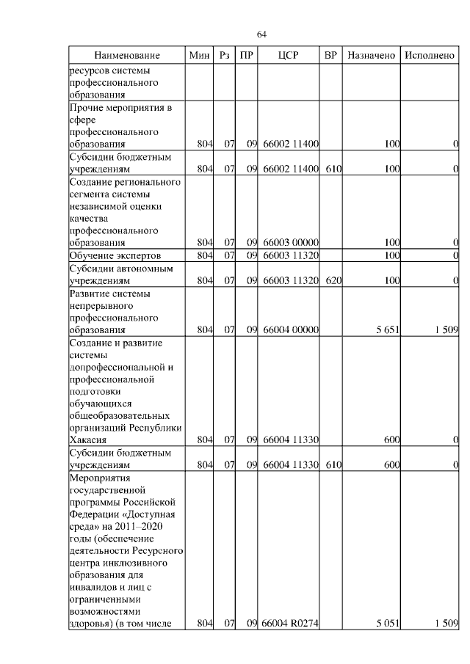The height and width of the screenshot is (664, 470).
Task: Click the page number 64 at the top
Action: pyautogui.click(x=261, y=34)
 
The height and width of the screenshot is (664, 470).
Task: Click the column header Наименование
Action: pyautogui.click(x=126, y=56)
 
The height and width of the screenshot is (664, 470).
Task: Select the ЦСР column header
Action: pyautogui.click(x=289, y=56)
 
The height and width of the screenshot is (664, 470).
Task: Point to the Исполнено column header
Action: pyautogui.click(x=430, y=56)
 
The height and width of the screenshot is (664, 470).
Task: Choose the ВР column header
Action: pyautogui.click(x=331, y=56)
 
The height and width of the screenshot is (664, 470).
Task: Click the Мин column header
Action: pyautogui.click(x=199, y=56)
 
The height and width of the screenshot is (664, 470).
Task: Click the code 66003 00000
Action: pyautogui.click(x=290, y=242)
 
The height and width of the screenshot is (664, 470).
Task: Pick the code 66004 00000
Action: pyautogui.click(x=290, y=330)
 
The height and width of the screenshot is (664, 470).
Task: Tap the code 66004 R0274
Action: pyautogui.click(x=290, y=624)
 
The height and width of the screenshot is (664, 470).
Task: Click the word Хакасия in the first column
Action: pyautogui.click(x=88, y=440)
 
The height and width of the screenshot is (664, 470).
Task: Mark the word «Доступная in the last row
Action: pyautogui.click(x=151, y=515)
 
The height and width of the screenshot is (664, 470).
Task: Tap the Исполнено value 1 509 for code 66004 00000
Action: pyautogui.click(x=446, y=330)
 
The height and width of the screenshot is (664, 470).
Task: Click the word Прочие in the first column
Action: pyautogui.click(x=87, y=109)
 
